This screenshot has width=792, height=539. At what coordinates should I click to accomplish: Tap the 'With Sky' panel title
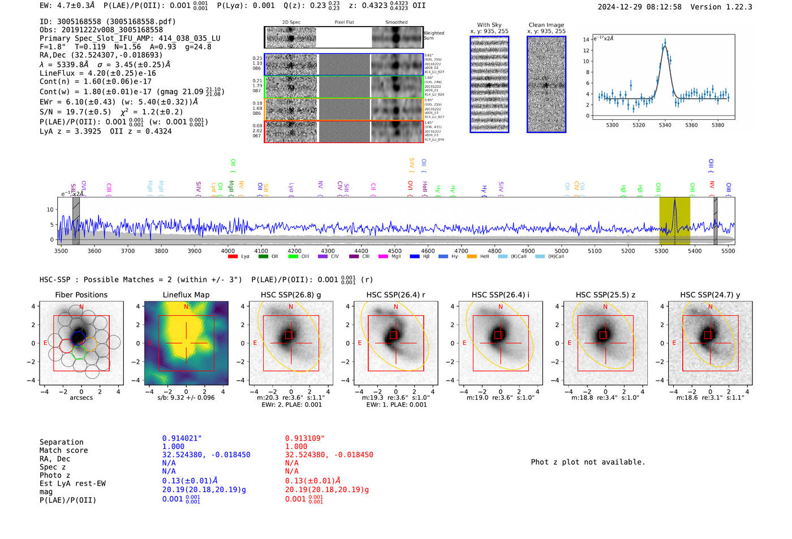pos(489,25)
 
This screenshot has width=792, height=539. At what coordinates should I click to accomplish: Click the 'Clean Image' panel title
pos(546,25)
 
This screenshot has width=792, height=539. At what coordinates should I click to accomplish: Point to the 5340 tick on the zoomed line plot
pos(665,125)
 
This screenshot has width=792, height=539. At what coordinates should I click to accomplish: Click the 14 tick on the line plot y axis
pos(586,39)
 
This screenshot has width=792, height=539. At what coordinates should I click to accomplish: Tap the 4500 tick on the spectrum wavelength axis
pos(394,251)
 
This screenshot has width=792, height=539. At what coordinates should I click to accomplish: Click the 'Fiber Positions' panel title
pos(81,295)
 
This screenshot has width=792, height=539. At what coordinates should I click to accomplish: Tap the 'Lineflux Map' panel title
pos(186,295)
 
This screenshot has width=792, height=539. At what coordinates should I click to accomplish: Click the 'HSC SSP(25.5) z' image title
pos(605,295)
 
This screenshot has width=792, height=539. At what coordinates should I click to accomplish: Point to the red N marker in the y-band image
pos(710,307)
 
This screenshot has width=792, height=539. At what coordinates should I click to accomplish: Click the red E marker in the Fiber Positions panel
pos(46,343)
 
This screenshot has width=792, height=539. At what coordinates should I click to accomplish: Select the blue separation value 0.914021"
pos(182,438)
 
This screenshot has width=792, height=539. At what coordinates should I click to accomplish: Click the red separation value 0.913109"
pos(305,438)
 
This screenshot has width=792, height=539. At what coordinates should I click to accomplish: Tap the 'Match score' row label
pos(63,450)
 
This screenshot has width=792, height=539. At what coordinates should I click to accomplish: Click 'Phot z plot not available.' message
pos(588,462)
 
